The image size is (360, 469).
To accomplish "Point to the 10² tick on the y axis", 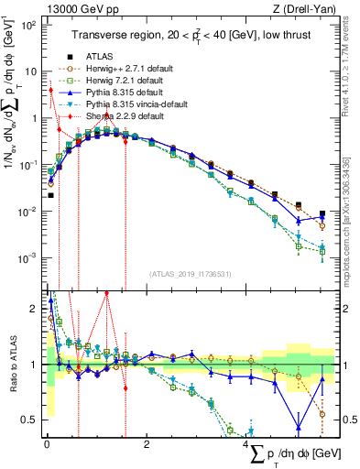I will tap(29, 25).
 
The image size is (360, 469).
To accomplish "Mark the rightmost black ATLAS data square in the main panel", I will tap(322, 214).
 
